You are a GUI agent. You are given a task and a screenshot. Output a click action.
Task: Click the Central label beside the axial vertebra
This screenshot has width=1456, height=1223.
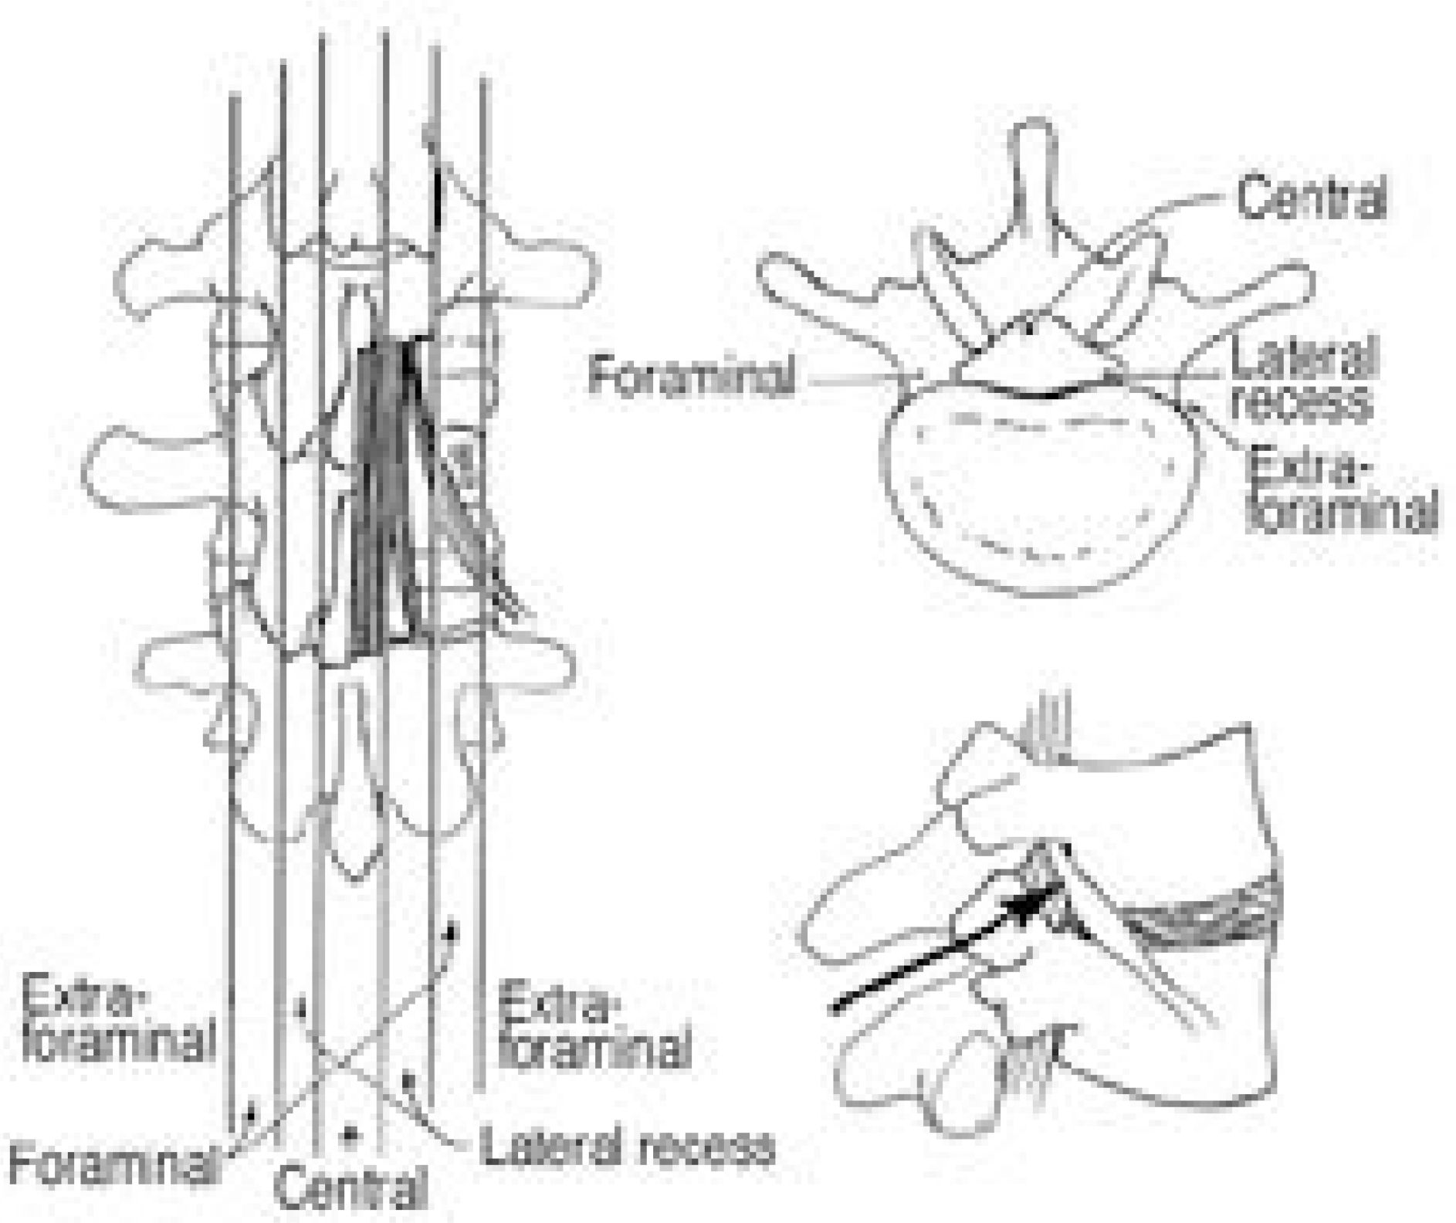coord(1310,197)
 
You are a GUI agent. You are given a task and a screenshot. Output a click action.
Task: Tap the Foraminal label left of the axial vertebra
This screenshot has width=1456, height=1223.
coord(690,376)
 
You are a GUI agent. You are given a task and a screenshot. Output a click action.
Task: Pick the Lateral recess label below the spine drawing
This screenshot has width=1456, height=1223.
coord(625,1147)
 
